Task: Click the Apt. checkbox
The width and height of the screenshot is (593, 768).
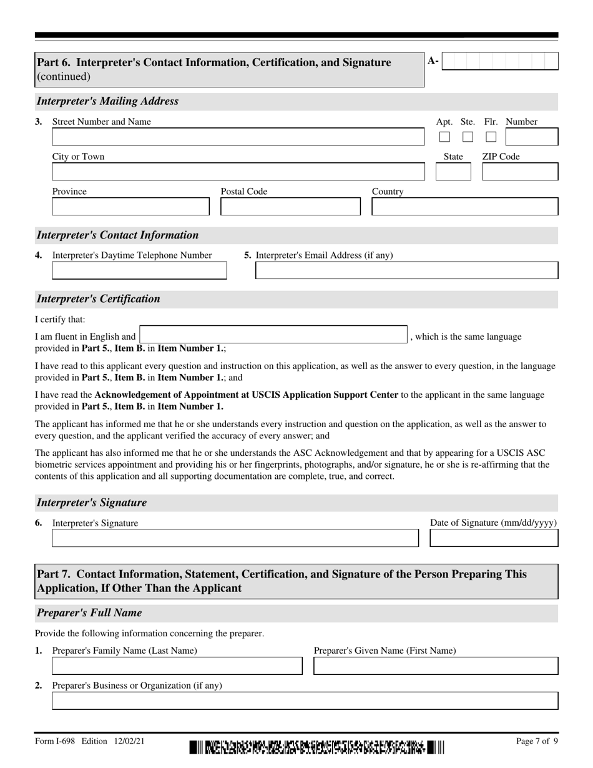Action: [444, 137]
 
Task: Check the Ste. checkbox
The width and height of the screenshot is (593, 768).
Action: [468, 137]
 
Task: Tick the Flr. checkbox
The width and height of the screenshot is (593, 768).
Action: [491, 137]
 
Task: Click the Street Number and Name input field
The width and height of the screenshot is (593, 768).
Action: [237, 137]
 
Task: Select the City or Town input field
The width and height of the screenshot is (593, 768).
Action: [237, 172]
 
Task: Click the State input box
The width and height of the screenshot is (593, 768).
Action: [453, 172]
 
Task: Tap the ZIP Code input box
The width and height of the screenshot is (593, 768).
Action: [520, 172]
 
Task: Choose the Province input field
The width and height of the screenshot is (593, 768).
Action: [130, 207]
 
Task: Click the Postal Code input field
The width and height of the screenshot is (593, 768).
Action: [290, 207]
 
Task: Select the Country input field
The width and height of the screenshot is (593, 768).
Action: [465, 207]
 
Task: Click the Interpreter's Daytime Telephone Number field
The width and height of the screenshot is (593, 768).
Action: [139, 270]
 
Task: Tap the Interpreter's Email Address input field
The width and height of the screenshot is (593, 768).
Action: [407, 270]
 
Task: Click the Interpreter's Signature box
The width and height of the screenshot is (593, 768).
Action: [235, 538]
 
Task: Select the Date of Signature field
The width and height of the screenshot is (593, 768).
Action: [494, 538]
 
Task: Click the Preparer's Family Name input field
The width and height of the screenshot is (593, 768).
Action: [177, 666]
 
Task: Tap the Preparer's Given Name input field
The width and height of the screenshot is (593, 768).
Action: [436, 666]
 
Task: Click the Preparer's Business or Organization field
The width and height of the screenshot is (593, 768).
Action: [305, 701]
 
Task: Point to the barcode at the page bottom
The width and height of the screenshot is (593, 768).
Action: [317, 746]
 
